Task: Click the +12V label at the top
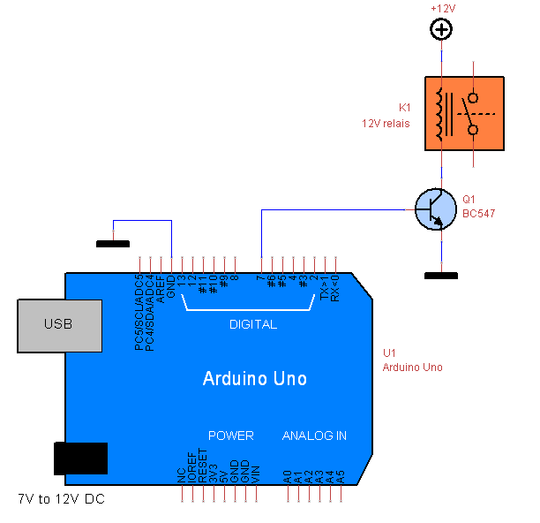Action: point(441,8)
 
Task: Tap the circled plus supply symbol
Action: point(441,29)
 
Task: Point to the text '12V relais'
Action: point(386,124)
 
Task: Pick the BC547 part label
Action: point(478,214)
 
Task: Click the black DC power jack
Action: point(80,459)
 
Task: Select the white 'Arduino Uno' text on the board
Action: point(255,379)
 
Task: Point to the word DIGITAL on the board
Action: point(253,324)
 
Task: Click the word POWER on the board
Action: point(231,436)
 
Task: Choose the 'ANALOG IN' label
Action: point(314,436)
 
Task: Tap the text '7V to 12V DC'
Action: point(62,500)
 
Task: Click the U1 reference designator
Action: point(389,353)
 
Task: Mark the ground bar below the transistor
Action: point(440,276)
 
